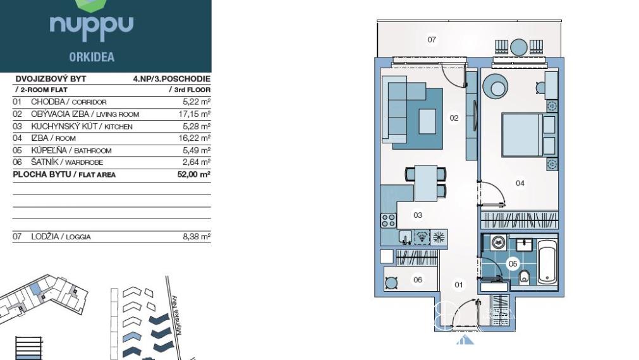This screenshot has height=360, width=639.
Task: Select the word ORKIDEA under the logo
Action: pos(92,57)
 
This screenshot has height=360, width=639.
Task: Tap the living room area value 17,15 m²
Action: pos(195,114)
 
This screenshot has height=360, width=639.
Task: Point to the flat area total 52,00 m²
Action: pos(194,174)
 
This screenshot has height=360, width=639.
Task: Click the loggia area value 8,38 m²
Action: pos(197,236)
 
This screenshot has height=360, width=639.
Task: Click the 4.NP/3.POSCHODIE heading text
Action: pos(171,78)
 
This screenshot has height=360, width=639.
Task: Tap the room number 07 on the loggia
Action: pos(432,40)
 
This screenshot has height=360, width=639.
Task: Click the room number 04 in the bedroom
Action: pos(520,183)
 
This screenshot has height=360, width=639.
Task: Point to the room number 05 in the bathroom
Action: pos(513,264)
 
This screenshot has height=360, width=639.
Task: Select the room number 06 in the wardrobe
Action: pos(418,280)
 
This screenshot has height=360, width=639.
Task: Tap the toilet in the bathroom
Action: pos(525,277)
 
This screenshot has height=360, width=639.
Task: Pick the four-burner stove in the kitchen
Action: pos(388,220)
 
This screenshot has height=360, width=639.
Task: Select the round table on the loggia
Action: pos(519,47)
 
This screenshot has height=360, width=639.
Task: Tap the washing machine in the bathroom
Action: pos(499,243)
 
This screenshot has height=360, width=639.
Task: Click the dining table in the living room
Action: pos(426,183)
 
